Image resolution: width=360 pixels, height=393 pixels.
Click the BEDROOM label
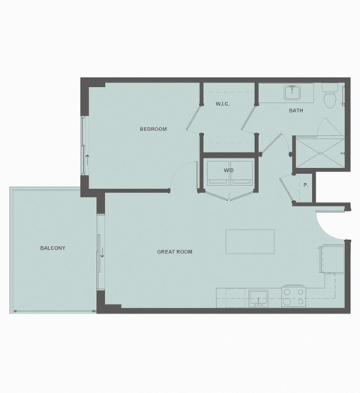point(153,129)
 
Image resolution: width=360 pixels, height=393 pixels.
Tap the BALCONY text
point(52,247)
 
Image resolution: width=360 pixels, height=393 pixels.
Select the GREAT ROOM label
point(174,252)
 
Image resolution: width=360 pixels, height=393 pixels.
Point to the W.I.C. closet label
point(222,103)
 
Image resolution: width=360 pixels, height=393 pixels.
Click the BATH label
point(295,111)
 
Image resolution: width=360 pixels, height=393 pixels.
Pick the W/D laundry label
point(229,170)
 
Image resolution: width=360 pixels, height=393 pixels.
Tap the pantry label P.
point(305,184)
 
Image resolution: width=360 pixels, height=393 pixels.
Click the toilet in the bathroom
point(328,97)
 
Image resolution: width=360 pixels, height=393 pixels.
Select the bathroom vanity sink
point(292,94)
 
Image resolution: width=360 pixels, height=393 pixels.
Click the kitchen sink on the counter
point(259,298)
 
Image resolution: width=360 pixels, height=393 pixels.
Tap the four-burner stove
point(292,297)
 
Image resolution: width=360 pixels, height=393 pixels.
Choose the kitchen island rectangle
point(250,241)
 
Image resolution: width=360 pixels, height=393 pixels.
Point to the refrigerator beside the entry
point(331,259)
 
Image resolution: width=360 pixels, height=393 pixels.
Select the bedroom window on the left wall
point(85,146)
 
